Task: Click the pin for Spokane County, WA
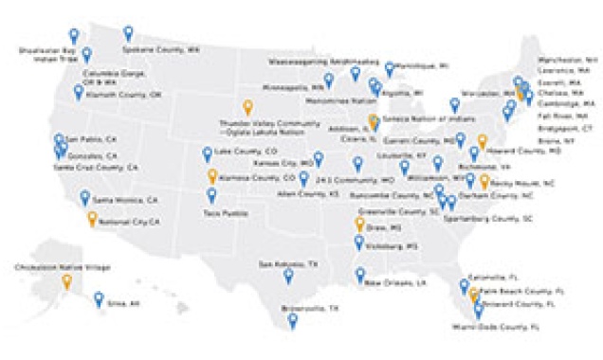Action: pos(128,34)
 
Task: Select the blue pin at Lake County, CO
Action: pos(208,153)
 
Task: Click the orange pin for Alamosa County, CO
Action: pos(212,177)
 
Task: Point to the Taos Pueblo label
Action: pos(228,213)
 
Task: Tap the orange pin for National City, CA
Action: pos(92,219)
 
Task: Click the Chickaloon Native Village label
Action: pos(46,268)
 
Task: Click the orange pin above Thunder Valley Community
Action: pos(248,106)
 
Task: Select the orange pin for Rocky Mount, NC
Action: pos(484,181)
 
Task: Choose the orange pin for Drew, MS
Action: pos(359,225)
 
